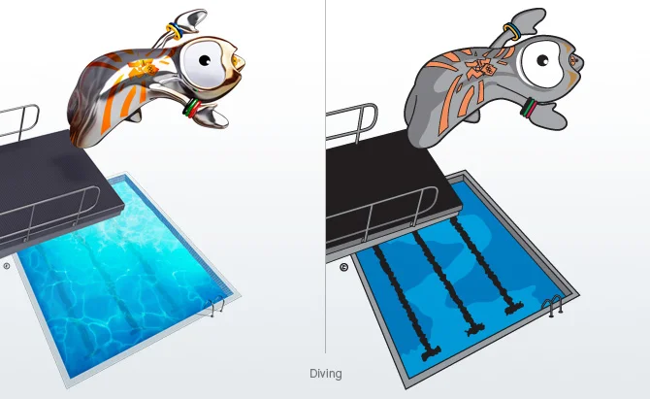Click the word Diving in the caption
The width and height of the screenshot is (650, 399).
click(326, 374)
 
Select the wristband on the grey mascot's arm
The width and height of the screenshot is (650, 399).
click(531, 107)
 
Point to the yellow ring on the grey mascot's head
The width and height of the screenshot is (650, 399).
click(510, 32)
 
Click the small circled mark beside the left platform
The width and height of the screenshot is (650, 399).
click(6, 264)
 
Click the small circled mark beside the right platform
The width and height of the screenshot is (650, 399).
click(342, 267)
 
